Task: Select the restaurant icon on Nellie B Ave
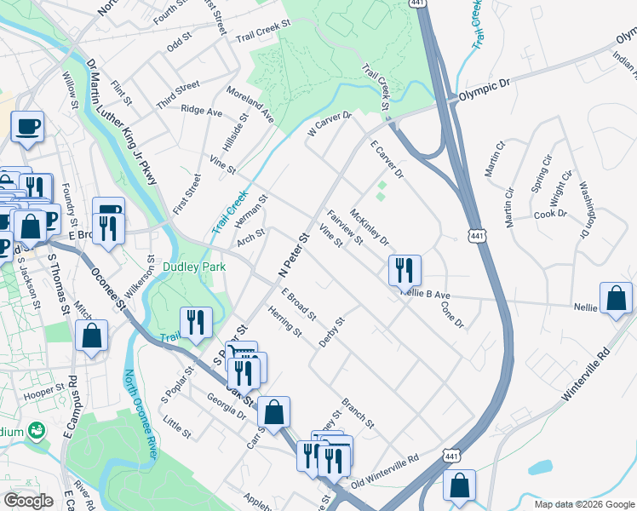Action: pyautogui.click(x=405, y=271)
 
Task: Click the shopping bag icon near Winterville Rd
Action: pyautogui.click(x=616, y=298)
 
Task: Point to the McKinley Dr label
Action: pyautogui.click(x=369, y=227)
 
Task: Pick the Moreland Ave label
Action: pyautogui.click(x=250, y=103)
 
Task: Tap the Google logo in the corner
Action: pyautogui.click(x=28, y=501)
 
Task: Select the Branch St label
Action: pyautogui.click(x=358, y=412)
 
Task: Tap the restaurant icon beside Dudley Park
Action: pyautogui.click(x=197, y=323)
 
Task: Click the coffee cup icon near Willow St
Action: pyautogui.click(x=27, y=126)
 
